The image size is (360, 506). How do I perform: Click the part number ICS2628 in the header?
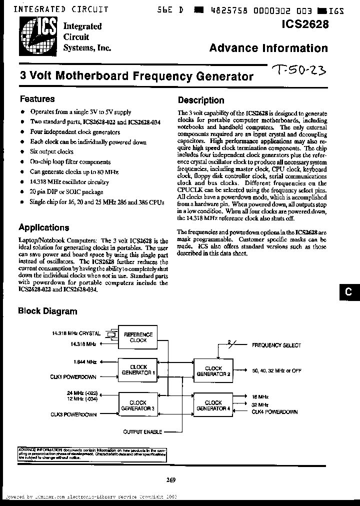point(305,23)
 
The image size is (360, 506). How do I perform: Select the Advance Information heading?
point(268,48)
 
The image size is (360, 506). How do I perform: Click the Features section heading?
point(36,99)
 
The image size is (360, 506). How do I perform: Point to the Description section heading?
point(201,100)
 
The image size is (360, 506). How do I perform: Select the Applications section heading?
point(43,227)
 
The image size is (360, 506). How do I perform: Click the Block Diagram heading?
point(47,311)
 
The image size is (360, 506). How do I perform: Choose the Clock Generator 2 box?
point(213,370)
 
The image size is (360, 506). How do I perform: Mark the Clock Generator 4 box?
point(213,405)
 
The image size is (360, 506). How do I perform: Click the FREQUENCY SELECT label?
point(276,345)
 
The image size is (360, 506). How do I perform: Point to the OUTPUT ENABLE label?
point(142,431)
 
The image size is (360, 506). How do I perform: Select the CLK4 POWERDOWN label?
point(274,412)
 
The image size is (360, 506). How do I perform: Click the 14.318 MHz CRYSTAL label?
point(76,333)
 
